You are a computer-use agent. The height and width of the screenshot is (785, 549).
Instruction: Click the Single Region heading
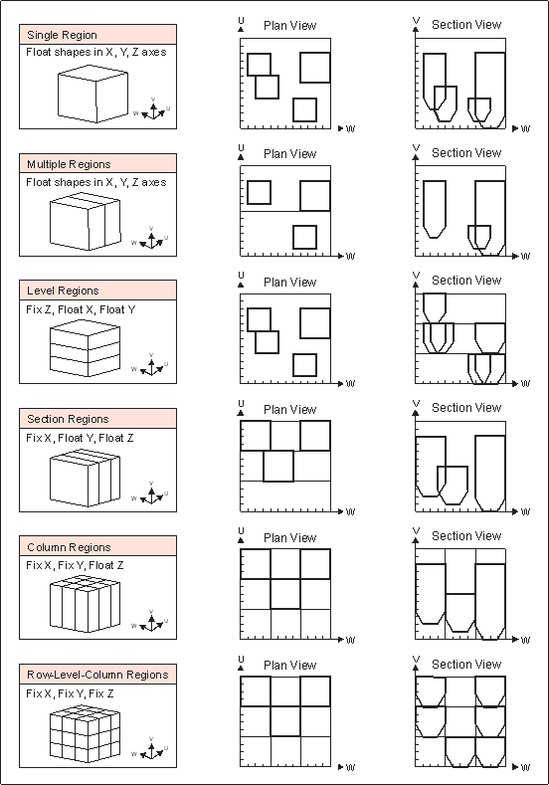point(62,35)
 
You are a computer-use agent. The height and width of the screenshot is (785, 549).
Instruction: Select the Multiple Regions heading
point(69,164)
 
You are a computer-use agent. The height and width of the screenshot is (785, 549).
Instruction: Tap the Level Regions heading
point(63,291)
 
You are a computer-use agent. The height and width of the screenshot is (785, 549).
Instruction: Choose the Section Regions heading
point(68,419)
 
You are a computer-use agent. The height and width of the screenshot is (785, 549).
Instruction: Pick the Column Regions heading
point(69,547)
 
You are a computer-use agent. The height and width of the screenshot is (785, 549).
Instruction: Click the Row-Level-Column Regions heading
point(97,675)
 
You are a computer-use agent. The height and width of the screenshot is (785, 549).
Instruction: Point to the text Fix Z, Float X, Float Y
point(81,309)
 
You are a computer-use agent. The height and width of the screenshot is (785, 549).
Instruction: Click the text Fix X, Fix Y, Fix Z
point(70,693)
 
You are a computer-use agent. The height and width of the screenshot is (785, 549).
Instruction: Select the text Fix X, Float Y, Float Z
point(81,438)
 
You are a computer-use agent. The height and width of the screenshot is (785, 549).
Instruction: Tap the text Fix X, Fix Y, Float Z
point(75,566)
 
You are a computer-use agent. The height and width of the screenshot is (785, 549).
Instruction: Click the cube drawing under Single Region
point(92,94)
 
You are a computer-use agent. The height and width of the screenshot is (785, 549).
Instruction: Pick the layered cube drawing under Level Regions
point(86,348)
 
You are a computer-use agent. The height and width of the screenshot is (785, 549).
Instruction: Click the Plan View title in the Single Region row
point(289,26)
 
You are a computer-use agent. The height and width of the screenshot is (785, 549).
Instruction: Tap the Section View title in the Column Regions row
point(466,536)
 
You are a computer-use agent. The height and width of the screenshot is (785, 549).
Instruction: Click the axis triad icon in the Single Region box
point(152,109)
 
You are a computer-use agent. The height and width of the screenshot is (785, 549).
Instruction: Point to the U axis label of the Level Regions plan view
point(242,276)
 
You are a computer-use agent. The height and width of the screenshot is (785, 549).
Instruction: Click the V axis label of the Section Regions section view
point(416,403)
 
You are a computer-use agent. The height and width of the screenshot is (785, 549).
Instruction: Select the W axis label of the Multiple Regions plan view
point(350,257)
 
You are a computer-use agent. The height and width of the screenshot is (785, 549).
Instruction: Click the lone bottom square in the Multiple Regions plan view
point(304,238)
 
